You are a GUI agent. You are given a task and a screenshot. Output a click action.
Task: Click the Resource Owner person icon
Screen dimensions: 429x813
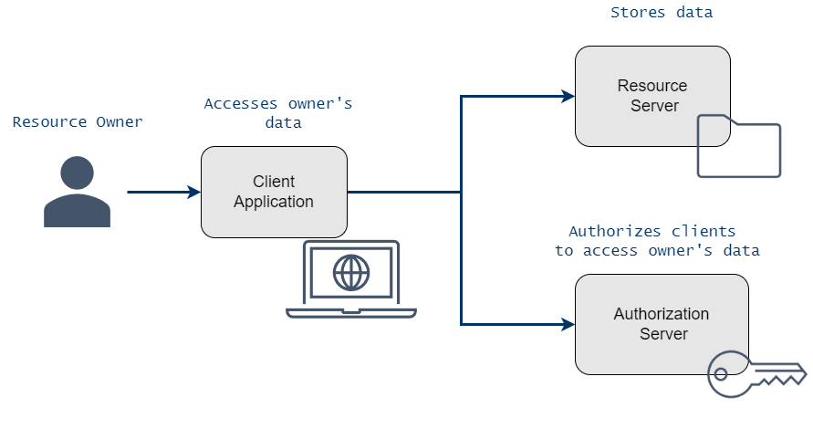pos(77,193)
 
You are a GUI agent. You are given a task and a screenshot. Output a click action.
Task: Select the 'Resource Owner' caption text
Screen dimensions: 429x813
pos(78,121)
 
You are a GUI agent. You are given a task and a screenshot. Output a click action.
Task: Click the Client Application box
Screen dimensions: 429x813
pos(274,192)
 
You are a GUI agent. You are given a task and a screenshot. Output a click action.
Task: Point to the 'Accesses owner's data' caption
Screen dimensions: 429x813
pos(277,113)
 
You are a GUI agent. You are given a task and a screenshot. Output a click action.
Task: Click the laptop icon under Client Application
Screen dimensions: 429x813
pos(351,279)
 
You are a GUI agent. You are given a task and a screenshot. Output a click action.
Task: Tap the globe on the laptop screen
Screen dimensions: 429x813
pos(351,271)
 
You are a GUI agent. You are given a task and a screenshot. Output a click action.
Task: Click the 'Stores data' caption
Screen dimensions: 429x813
pos(662,13)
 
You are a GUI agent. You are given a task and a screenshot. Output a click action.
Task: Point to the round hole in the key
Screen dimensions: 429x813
pos(722,373)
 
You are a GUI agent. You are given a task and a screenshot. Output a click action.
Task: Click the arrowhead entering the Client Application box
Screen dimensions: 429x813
pos(193,192)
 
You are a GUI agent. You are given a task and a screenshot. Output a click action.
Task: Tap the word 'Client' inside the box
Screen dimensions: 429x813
pos(274,182)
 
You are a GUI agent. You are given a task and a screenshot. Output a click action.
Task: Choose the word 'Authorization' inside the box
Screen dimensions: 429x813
pos(662,314)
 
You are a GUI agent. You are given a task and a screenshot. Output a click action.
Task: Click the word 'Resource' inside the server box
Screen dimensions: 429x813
pos(651,86)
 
